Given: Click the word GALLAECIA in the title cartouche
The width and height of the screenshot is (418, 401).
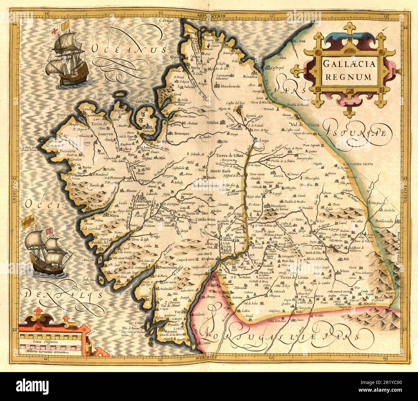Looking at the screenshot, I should [348, 64].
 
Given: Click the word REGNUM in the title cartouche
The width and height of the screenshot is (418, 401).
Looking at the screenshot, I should [348, 77].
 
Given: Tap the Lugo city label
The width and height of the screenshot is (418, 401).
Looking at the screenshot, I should [259, 141].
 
